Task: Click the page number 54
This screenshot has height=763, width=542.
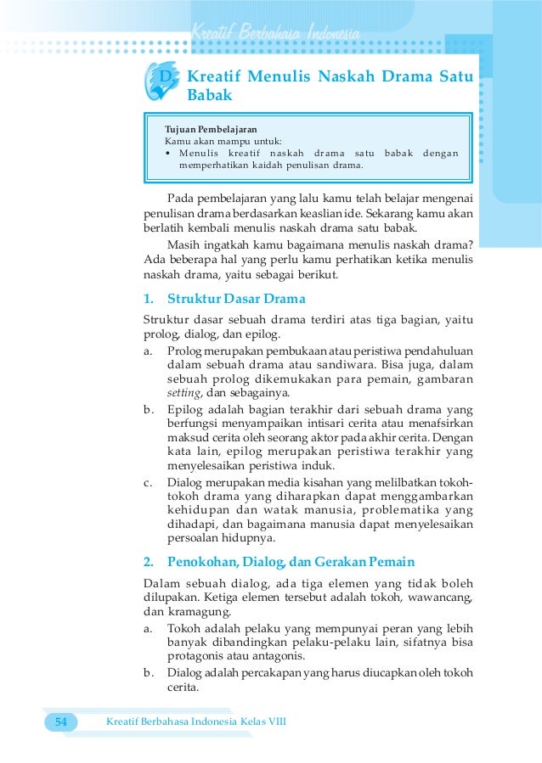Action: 60,721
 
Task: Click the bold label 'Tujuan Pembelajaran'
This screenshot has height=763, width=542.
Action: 211,129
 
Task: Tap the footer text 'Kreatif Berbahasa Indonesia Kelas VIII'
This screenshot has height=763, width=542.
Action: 195,721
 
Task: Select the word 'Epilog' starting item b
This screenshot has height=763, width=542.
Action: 184,409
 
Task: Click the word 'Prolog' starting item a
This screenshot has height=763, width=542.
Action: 186,351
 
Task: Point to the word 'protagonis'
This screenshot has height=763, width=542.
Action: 196,656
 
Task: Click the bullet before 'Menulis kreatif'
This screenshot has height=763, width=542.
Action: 169,154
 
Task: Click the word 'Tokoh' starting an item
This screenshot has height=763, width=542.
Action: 183,628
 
